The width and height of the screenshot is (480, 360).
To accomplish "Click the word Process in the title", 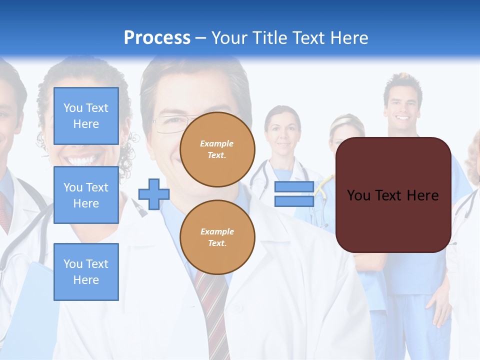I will tap(157, 38).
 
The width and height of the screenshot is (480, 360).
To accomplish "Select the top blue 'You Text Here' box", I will tap(86, 116).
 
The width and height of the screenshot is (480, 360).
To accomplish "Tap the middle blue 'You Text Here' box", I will tap(86, 195).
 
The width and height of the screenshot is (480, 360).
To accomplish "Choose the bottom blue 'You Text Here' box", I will tap(86, 271).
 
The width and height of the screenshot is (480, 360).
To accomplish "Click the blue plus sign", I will tap(154, 194).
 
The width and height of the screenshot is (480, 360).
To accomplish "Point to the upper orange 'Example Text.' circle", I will tap(217, 149).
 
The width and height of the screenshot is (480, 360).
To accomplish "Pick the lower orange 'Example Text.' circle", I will tap(217, 237).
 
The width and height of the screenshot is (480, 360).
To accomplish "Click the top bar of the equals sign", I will tap(294, 187).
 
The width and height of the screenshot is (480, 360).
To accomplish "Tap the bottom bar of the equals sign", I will tap(294, 201).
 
